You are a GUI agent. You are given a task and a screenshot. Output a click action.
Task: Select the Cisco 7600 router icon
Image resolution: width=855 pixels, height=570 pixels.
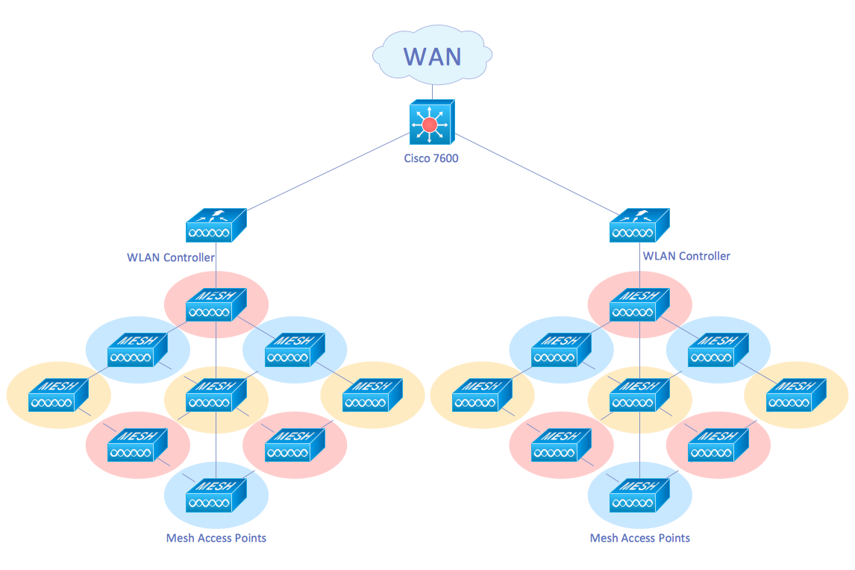tap(431, 122)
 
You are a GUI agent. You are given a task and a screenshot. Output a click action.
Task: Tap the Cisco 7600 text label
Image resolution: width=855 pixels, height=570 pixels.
tap(431, 157)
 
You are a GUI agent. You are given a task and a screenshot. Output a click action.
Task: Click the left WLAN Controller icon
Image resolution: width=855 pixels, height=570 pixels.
tap(216, 225)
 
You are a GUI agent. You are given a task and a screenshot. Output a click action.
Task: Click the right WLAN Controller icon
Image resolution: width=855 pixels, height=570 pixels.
tap(639, 225)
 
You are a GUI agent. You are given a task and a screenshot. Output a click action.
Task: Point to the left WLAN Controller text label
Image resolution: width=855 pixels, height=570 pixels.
tap(171, 257)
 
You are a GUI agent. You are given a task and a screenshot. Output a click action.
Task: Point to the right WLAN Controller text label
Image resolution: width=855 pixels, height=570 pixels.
tap(686, 256)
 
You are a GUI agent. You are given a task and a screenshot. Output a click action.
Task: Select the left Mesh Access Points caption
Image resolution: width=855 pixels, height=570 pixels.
tap(216, 538)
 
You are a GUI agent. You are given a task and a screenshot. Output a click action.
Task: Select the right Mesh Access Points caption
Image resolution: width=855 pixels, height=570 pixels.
tap(640, 538)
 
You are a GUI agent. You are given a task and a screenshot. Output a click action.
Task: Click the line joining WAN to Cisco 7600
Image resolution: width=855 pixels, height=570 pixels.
tap(433, 90)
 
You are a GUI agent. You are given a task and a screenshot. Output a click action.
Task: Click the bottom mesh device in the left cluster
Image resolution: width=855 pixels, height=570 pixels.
tap(216, 494)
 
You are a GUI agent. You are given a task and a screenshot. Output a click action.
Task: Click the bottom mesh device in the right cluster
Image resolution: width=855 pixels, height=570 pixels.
tap(639, 494)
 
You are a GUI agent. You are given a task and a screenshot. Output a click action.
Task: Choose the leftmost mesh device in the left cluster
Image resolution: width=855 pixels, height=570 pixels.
tap(58, 395)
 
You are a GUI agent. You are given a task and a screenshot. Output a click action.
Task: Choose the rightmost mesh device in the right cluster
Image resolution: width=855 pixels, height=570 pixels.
tap(797, 395)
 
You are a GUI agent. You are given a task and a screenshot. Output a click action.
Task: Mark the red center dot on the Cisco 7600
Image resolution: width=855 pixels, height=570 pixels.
tap(429, 125)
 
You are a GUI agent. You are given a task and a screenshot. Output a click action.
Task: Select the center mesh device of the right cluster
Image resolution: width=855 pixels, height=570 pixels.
tap(639, 395)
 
